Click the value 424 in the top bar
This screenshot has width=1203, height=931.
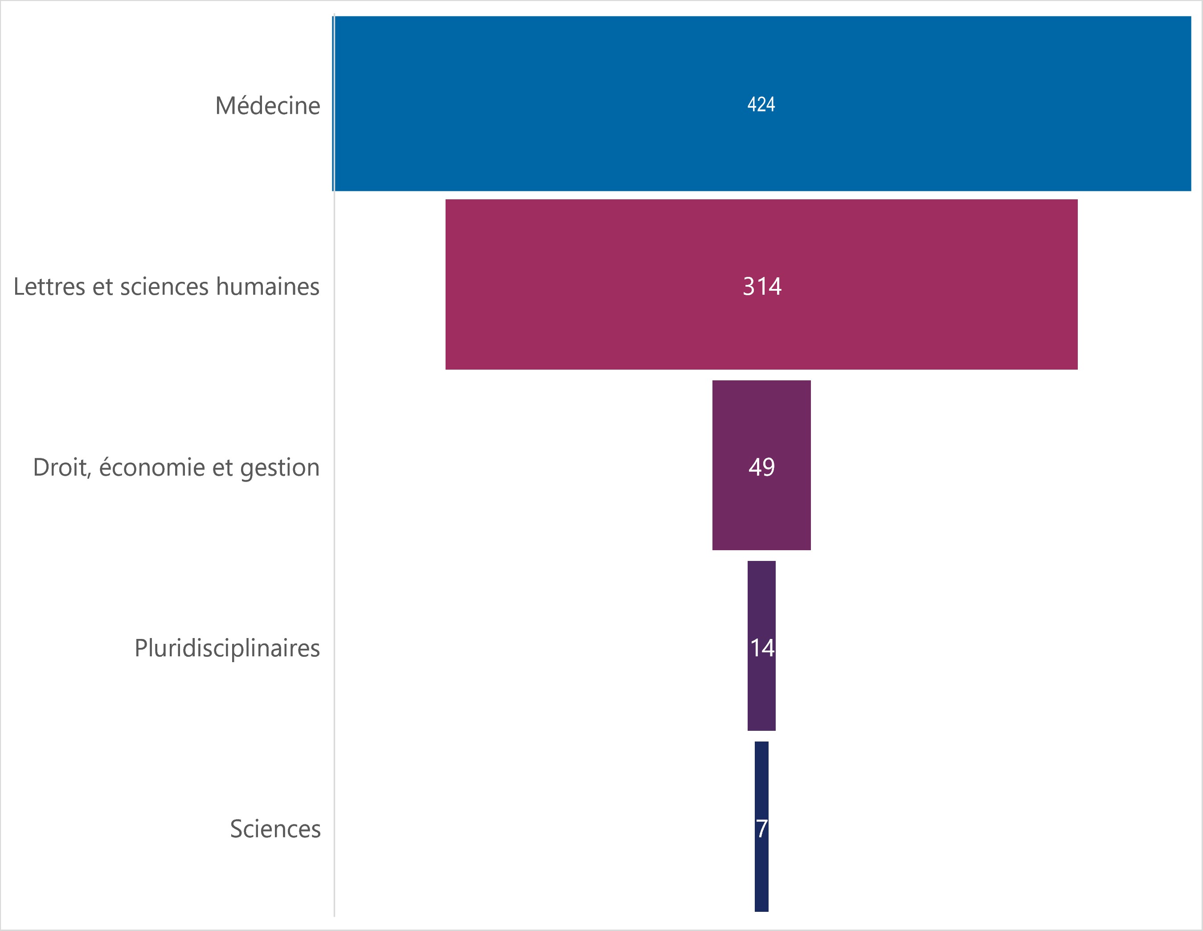761,105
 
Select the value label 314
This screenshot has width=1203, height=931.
762,287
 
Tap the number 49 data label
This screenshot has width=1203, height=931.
761,467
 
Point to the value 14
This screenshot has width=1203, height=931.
762,648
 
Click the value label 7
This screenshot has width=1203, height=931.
761,829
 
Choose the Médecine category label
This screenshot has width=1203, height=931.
268,106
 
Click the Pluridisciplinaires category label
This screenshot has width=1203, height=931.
227,648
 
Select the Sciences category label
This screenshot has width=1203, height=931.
275,829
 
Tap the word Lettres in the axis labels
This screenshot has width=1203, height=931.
48,287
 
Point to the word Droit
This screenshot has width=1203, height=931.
61,467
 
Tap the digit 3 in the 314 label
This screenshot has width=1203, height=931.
749,287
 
